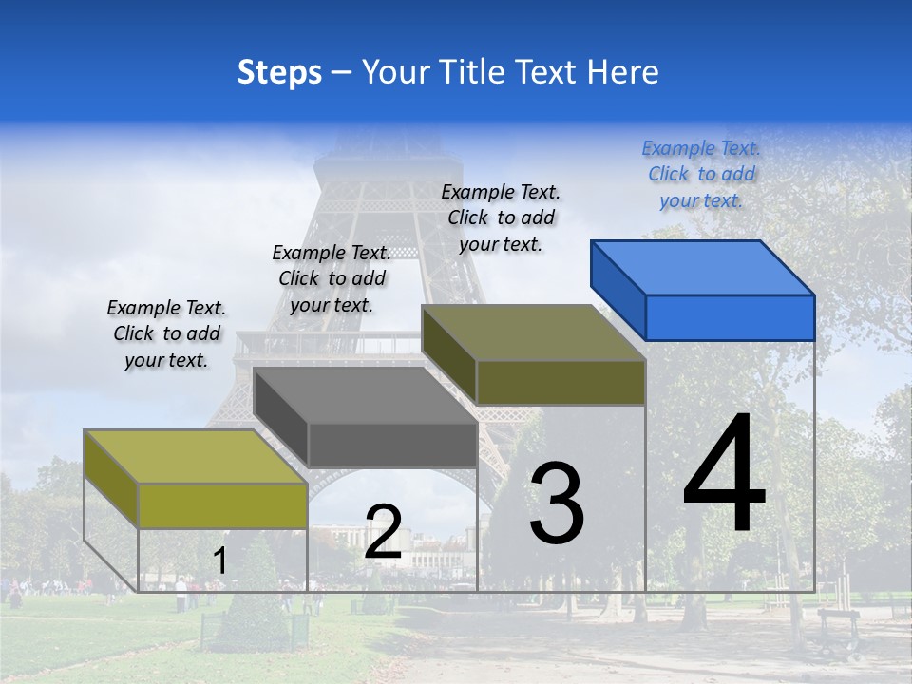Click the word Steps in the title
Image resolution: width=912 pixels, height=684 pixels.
(279, 72)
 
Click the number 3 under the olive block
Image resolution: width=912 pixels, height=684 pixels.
(557, 503)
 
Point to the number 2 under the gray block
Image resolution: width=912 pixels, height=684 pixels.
(383, 532)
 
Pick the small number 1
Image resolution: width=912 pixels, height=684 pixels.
(219, 561)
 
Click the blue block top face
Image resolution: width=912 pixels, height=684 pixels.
(703, 267)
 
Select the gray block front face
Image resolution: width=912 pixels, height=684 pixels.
(392, 445)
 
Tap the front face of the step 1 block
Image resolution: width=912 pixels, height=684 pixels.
(222, 505)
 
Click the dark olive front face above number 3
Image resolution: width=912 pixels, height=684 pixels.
(560, 383)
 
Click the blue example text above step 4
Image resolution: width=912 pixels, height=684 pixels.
(701, 174)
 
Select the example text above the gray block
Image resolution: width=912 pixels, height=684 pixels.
(332, 278)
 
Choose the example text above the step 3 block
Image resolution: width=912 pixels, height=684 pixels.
(501, 218)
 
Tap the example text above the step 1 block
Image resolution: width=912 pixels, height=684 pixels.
(166, 333)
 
